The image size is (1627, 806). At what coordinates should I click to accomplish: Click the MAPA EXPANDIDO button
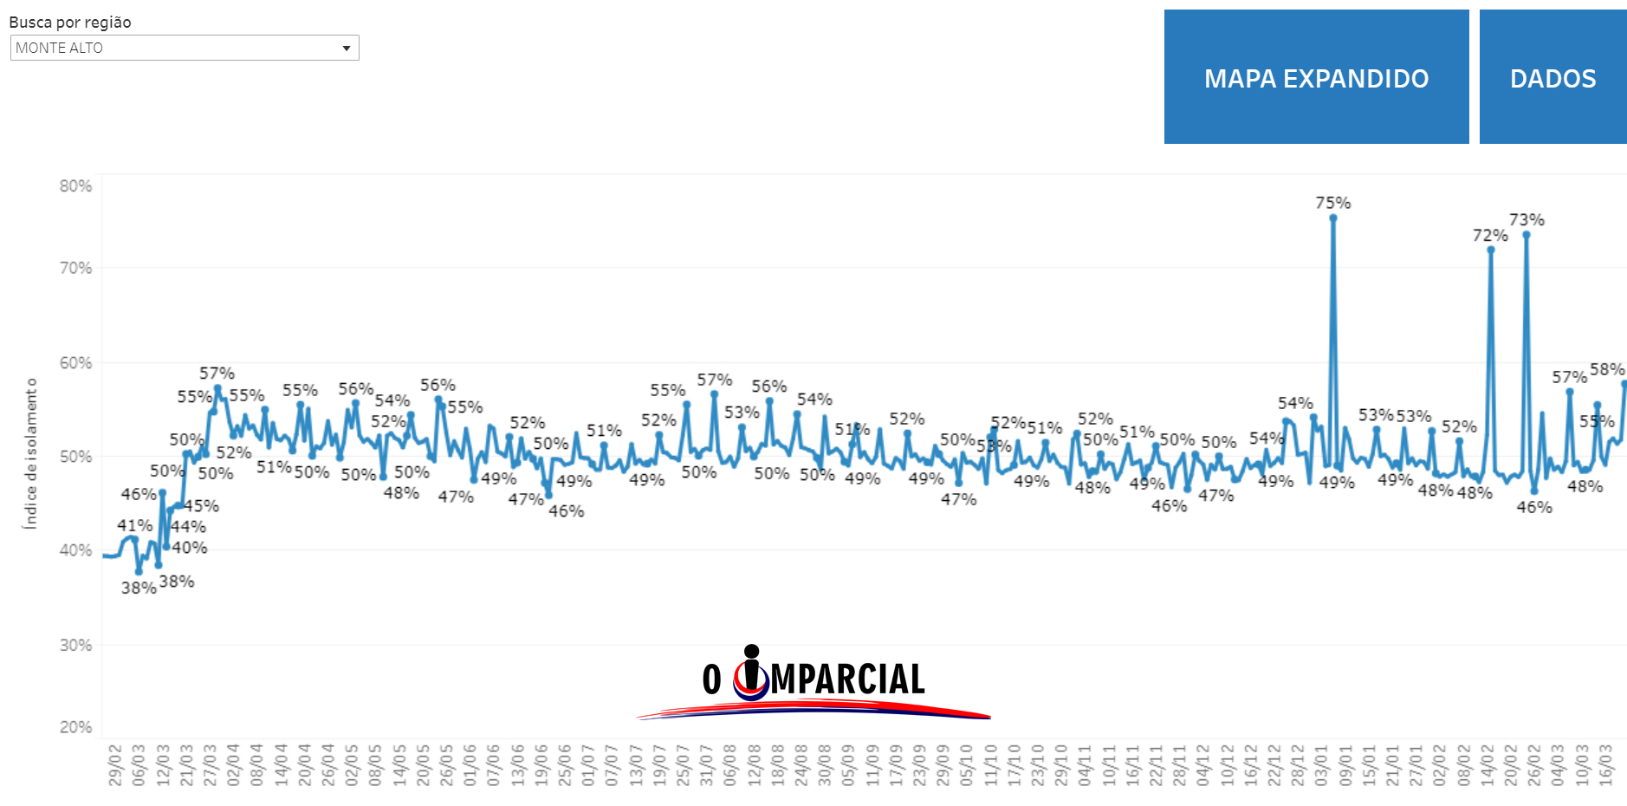pyautogui.click(x=1316, y=77)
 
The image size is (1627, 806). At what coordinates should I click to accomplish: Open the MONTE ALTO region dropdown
pyautogui.click(x=185, y=48)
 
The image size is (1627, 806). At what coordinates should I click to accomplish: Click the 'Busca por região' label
pyautogui.click(x=70, y=23)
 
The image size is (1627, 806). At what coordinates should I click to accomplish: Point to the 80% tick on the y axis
pyautogui.click(x=76, y=186)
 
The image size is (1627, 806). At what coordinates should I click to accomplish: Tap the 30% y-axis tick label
pyautogui.click(x=76, y=645)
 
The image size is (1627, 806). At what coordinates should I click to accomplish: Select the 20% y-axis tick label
pyautogui.click(x=76, y=727)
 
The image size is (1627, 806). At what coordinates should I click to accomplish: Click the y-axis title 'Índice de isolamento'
pyautogui.click(x=31, y=453)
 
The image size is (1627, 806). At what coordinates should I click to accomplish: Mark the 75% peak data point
pyautogui.click(x=1333, y=218)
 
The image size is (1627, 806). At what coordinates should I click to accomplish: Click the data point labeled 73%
pyautogui.click(x=1527, y=235)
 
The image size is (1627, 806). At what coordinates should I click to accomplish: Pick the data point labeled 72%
pyautogui.click(x=1491, y=250)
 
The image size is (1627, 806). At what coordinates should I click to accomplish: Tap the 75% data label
pyautogui.click(x=1333, y=203)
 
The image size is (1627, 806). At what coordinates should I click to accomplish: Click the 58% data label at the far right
pyautogui.click(x=1607, y=369)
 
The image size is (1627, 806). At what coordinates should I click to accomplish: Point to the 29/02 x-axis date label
pyautogui.click(x=115, y=764)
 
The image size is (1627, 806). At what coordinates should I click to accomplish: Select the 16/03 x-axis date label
pyautogui.click(x=1605, y=764)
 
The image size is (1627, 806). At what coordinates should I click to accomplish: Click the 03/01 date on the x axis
pyautogui.click(x=1322, y=764)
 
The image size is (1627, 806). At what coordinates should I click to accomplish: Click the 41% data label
pyautogui.click(x=134, y=525)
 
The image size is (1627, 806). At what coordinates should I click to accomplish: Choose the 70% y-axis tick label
pyautogui.click(x=76, y=268)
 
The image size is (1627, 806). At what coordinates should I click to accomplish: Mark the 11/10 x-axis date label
pyautogui.click(x=990, y=764)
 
